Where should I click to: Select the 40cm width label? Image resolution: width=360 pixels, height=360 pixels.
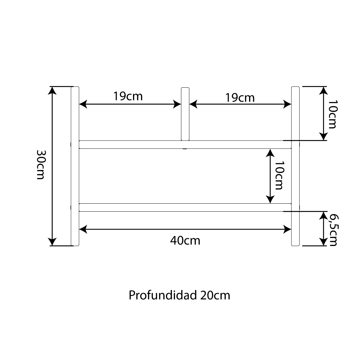[x=185, y=240]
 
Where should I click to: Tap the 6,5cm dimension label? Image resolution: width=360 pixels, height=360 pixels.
[x=333, y=230]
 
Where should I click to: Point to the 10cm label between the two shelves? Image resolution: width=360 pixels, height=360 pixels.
[x=278, y=175]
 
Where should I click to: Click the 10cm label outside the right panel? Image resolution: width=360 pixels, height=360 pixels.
[x=333, y=114]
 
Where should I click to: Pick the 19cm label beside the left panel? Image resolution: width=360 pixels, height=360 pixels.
[x=128, y=96]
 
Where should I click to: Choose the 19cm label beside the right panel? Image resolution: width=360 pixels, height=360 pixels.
[x=240, y=98]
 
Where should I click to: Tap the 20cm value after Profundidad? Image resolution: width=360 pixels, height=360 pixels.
[x=215, y=295]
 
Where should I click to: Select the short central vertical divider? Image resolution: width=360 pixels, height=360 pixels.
[x=185, y=114]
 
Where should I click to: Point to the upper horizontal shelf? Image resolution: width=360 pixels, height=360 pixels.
[x=185, y=144]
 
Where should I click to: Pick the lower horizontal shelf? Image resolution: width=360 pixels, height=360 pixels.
[x=185, y=207]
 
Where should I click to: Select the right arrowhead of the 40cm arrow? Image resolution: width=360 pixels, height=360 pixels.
[x=287, y=229]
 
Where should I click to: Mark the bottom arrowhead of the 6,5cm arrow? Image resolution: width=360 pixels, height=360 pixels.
[x=323, y=241]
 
